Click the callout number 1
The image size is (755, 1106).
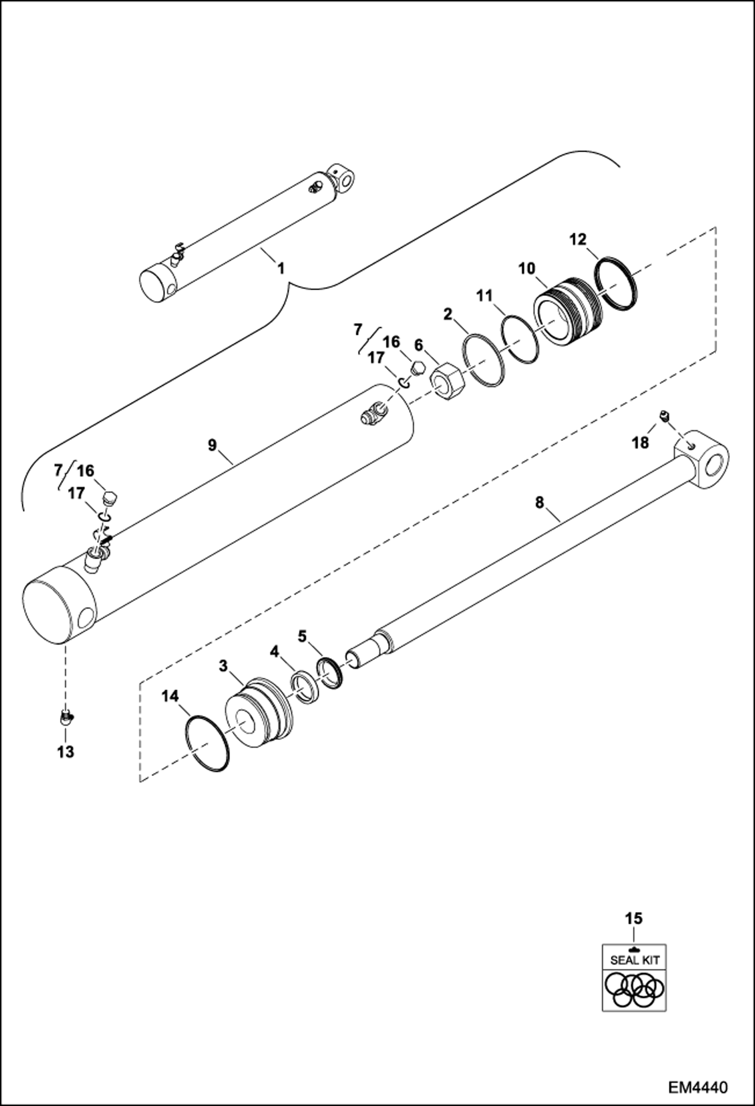click(281, 268)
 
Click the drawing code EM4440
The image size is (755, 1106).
click(698, 1085)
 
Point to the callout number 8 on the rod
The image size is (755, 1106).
click(540, 503)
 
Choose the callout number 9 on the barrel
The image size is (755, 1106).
click(212, 445)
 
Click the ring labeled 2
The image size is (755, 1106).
click(483, 361)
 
